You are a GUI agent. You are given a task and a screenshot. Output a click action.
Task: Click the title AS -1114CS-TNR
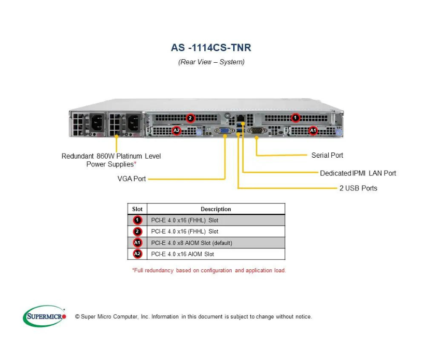click(211, 48)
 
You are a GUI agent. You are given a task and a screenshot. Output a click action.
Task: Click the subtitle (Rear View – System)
click(211, 62)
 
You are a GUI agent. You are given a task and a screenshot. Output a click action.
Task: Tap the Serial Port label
click(327, 155)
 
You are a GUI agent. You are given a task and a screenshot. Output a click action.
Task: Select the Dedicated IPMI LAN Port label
click(358, 173)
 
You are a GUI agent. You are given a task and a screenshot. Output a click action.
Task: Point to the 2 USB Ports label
click(358, 188)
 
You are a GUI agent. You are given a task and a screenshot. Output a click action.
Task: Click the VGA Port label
click(132, 179)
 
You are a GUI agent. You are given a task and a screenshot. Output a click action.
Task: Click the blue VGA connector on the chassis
click(225, 131)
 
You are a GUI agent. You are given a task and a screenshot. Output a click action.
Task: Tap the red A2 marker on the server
click(177, 131)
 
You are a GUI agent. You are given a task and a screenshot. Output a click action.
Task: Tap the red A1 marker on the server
click(313, 131)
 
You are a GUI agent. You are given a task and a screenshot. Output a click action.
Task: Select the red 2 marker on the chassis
click(190, 118)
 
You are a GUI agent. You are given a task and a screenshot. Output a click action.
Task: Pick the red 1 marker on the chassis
click(295, 118)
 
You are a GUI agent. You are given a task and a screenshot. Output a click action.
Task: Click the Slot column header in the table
click(137, 209)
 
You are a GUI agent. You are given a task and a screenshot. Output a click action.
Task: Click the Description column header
click(216, 209)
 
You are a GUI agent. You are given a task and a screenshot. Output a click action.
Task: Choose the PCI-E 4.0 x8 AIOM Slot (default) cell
click(192, 243)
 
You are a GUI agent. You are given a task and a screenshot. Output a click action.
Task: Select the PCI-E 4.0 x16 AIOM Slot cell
click(182, 254)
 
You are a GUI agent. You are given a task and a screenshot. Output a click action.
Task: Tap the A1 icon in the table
click(137, 243)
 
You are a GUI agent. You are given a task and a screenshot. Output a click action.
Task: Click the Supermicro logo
click(45, 316)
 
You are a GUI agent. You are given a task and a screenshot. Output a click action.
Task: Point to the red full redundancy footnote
click(209, 270)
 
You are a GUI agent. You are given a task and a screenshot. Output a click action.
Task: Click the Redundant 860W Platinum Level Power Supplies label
click(111, 160)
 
